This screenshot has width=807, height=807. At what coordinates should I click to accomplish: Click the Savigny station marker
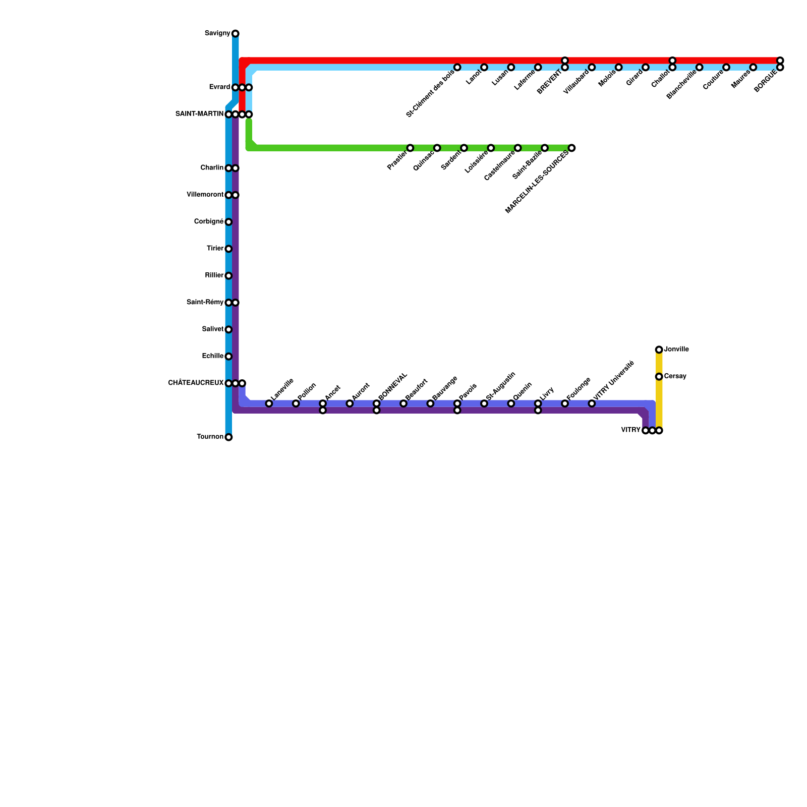235,34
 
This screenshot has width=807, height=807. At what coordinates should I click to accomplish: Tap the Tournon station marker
228,437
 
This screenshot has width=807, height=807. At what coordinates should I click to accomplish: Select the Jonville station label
676,350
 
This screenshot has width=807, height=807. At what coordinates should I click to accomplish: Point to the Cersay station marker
659,377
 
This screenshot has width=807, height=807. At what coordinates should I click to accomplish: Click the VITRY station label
630,430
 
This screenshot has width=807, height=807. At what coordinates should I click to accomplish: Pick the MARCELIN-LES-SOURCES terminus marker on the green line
571,148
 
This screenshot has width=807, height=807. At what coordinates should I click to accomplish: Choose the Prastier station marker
410,148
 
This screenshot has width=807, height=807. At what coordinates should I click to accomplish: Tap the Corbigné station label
209,222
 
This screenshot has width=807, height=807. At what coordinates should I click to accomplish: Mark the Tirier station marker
228,249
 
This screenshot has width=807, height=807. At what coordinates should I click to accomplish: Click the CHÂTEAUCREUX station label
196,383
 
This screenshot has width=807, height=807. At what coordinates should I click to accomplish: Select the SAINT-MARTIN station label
199,114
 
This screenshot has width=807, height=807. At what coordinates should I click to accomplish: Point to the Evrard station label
219,87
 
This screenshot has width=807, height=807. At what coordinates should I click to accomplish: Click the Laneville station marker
269,403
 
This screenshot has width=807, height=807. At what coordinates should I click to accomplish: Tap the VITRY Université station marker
592,403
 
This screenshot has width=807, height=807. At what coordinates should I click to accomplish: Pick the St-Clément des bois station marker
457,67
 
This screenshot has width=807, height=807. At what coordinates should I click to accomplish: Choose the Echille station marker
228,357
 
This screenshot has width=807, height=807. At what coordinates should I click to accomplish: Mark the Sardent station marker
464,148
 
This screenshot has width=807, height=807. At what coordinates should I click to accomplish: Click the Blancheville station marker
699,67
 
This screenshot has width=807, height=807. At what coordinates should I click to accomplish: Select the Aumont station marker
350,403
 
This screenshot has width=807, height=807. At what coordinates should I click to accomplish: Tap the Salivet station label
212,329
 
